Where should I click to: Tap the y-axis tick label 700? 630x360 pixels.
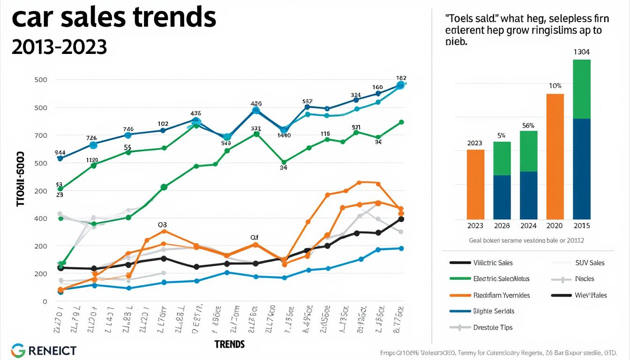(x=41, y=135)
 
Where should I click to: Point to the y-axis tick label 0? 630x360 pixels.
(x=45, y=302)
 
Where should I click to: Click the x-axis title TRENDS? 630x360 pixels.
(x=230, y=345)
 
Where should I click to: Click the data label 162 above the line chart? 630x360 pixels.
(x=401, y=78)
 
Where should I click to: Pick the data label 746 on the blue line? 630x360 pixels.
(x=128, y=129)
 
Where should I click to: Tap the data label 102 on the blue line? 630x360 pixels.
(x=163, y=124)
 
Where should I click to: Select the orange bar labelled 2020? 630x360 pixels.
(x=555, y=157)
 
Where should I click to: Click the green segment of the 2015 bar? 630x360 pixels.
(x=582, y=89)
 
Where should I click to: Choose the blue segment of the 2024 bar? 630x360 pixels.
(x=528, y=195)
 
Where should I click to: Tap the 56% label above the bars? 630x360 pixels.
(x=528, y=126)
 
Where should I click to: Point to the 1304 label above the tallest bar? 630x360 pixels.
(x=582, y=52)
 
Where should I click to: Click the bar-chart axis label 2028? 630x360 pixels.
(x=502, y=225)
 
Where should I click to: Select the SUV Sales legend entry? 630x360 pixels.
(x=590, y=263)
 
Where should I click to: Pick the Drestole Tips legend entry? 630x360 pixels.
(x=493, y=328)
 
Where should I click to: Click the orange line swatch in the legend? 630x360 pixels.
(x=459, y=295)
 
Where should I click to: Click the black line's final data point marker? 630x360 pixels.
(x=401, y=219)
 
